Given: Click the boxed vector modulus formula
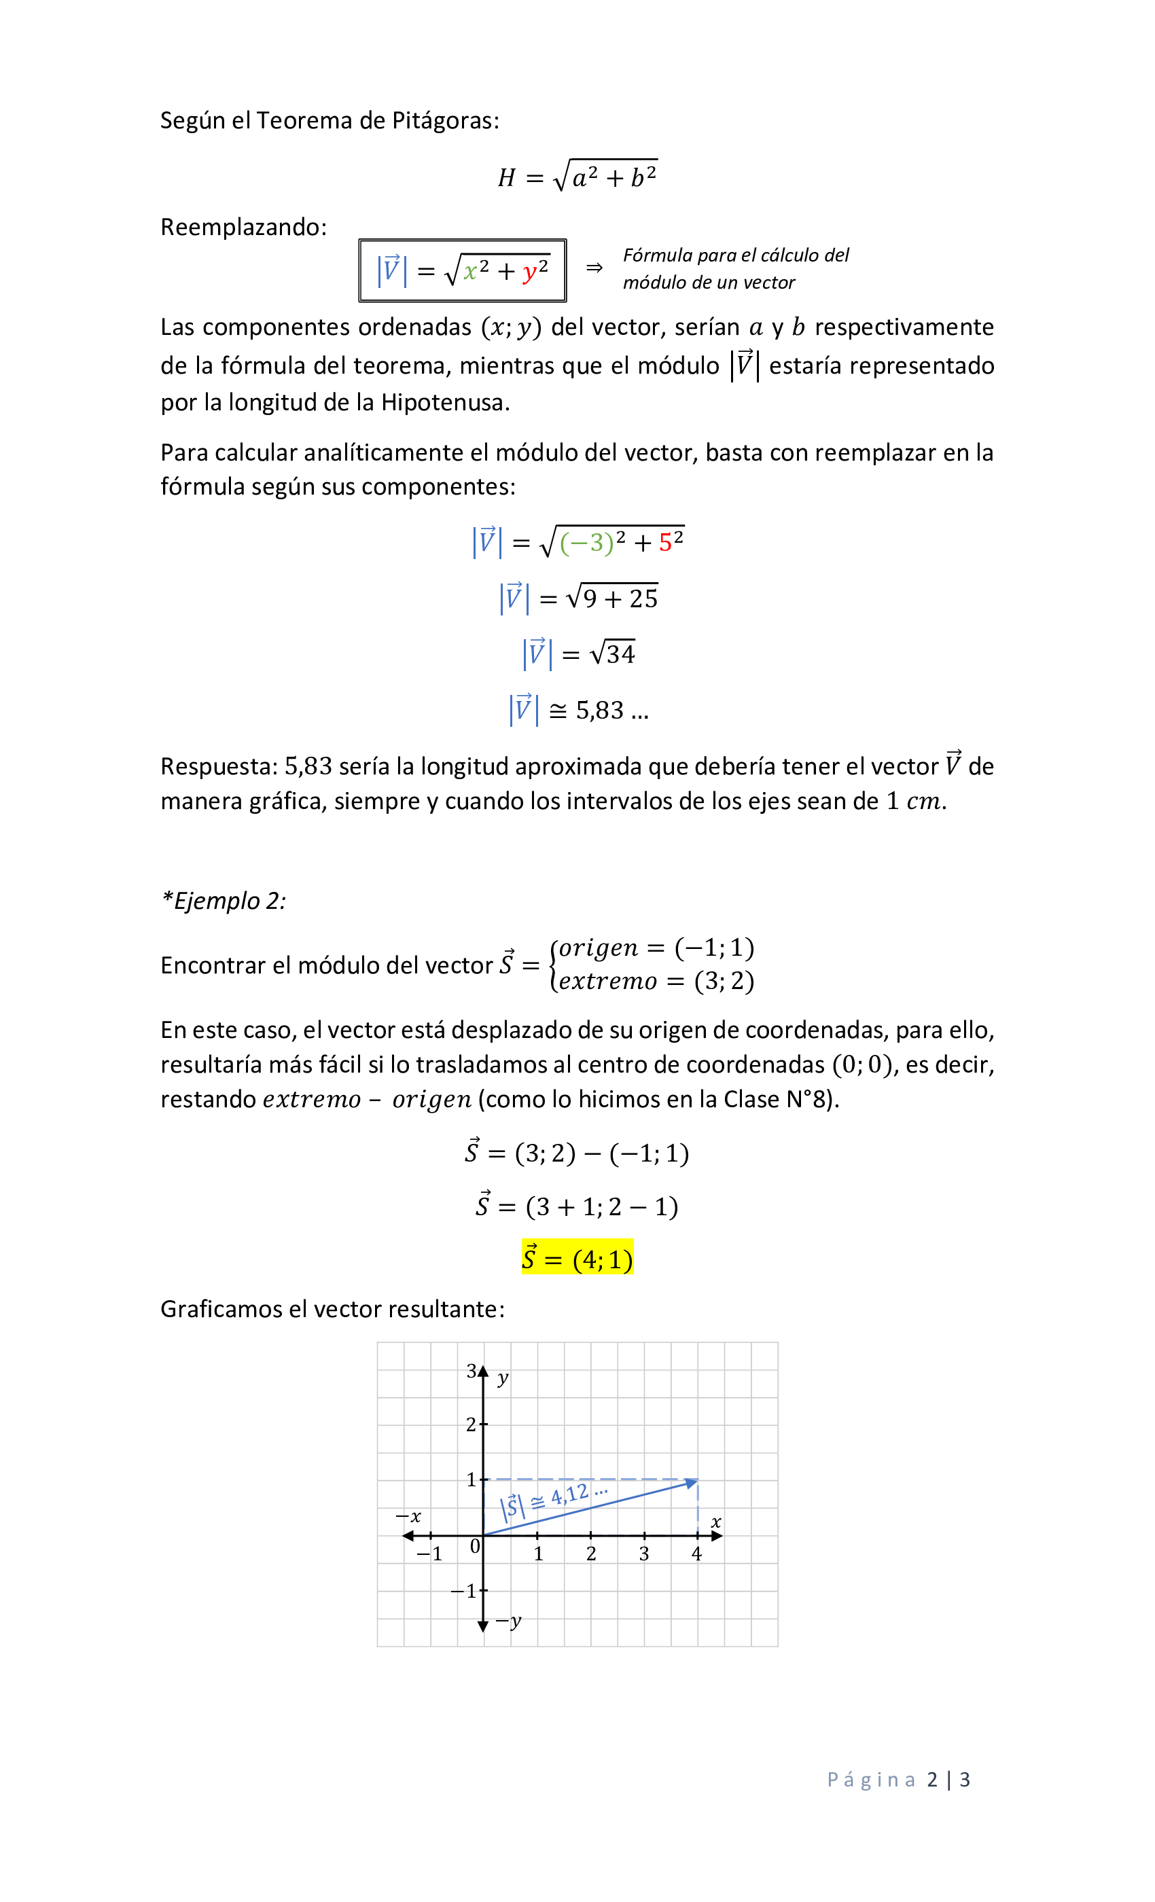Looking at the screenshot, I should coord(463,270).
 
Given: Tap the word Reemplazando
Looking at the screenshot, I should coord(243,227).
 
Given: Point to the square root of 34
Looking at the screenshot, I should coord(612,653).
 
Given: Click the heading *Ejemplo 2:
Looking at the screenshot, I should coord(223,901).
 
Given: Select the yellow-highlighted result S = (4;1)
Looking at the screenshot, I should coord(577,1259).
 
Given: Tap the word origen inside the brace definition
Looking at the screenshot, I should coord(599,947).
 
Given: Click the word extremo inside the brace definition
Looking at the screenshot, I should coord(607,981).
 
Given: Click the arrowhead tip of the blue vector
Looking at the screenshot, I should coord(695,1482).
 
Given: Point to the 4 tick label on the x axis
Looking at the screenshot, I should coord(696,1554).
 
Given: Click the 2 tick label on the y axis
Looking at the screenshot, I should coord(471,1424).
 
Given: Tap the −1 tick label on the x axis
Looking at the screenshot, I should coord(430,1554).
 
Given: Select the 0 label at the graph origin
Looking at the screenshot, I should coord(475,1546).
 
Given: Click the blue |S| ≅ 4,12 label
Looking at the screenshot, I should coord(553,1499).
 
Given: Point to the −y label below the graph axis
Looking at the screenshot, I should coord(510,1622).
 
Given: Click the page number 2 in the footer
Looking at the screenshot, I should coord(932,1779).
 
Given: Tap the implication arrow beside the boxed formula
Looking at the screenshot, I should coord(594,268).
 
